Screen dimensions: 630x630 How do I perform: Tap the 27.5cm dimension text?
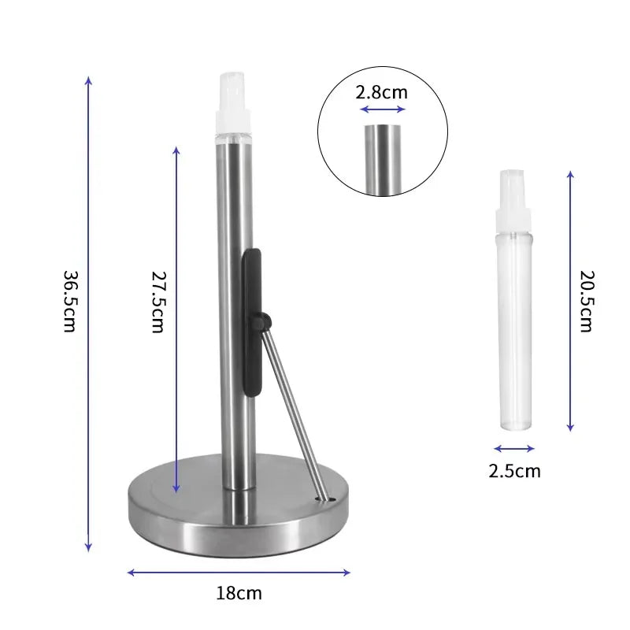pos(157,302)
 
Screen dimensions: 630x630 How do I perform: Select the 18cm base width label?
pos(239,593)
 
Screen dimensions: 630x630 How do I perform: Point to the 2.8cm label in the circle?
pos(382,91)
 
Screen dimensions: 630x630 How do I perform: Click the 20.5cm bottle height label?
pos(585,302)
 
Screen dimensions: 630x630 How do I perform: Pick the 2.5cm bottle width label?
pos(514,472)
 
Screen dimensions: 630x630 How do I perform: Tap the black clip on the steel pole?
pos(252,315)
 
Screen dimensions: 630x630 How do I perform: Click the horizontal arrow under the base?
pos(239,573)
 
